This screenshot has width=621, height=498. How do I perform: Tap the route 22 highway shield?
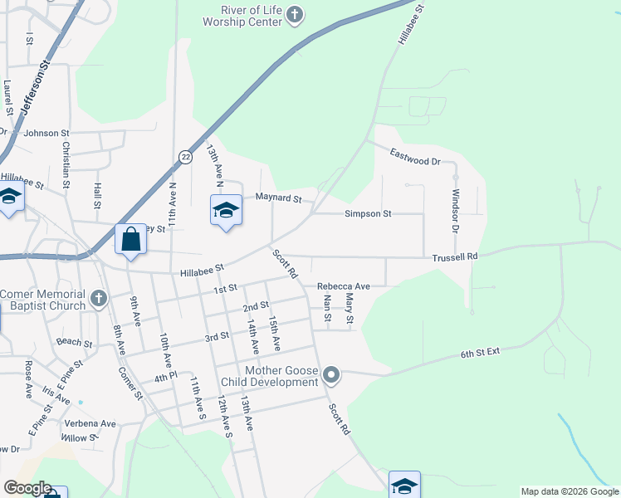coord(184,157)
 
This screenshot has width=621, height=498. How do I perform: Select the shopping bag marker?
coord(131,240)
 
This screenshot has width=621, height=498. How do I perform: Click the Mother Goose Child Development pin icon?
coord(331,376)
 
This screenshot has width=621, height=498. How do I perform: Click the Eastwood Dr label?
coord(414,156)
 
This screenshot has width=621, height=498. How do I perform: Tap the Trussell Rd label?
coord(454,257)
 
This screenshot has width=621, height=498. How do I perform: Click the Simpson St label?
coord(368,213)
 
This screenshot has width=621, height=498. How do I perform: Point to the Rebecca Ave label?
coord(343,286)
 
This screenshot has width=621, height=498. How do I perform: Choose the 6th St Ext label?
coord(481,354)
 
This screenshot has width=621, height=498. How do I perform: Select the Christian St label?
coord(66,162)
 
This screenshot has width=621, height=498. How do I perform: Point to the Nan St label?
coord(327,308)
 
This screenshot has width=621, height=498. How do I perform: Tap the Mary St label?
coord(350,309)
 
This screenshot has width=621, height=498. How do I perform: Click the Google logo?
coord(27,488)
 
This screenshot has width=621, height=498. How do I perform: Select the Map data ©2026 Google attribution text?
coord(570,491)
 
